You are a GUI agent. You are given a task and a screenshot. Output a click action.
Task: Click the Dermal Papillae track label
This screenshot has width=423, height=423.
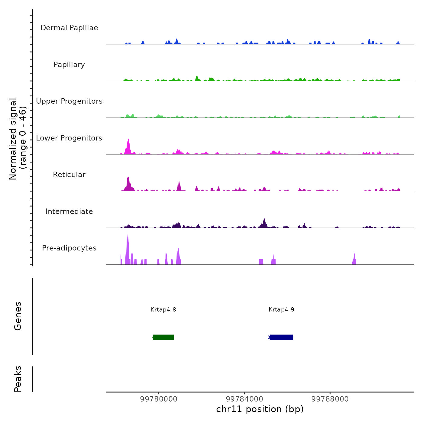click(x=69, y=28)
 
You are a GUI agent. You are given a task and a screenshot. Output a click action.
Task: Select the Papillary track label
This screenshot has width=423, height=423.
click(x=69, y=65)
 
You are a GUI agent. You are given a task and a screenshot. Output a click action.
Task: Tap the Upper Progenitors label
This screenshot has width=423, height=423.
click(x=69, y=101)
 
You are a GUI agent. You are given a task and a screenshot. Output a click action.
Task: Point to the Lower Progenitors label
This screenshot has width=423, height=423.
click(x=69, y=138)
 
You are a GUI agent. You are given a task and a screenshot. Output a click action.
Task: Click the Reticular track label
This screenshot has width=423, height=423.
click(x=69, y=175)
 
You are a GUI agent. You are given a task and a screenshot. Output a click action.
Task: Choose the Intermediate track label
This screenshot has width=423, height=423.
click(x=69, y=211)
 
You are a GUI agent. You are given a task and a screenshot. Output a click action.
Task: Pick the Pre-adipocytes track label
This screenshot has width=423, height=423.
click(x=69, y=248)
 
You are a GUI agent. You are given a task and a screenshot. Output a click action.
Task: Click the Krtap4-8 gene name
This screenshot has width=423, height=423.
click(x=163, y=310)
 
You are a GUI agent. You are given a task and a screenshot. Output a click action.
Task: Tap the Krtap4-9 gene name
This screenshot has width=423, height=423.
click(x=281, y=310)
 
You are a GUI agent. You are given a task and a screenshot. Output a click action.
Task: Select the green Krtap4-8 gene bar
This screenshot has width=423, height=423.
click(x=163, y=337)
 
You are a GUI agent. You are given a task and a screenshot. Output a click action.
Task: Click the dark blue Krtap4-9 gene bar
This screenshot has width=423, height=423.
click(x=281, y=337)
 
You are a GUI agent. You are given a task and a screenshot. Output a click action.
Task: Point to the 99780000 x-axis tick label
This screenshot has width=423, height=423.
click(x=159, y=399)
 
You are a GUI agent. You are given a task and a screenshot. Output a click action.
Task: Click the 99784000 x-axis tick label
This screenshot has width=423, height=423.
click(x=244, y=399)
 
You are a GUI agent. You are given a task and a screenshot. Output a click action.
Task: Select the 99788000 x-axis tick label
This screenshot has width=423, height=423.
click(x=330, y=399)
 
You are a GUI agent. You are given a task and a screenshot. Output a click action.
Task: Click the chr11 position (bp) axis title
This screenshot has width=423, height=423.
click(x=260, y=409)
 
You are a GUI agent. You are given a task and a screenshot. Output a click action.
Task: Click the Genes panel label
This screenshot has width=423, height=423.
click(x=18, y=316)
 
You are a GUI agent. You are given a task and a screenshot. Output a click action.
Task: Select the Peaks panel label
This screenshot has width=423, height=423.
click(x=18, y=379)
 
